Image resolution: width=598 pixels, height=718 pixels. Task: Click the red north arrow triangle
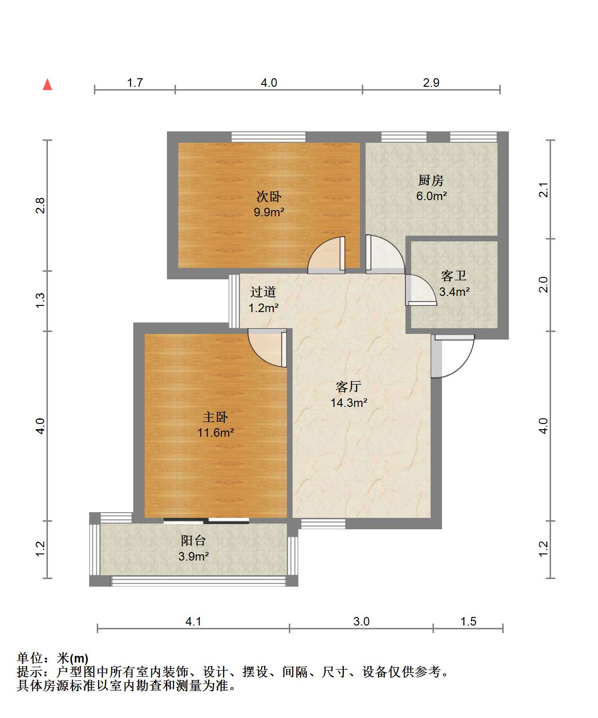coord(47,84)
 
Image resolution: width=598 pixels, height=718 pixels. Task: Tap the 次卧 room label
coord(268,197)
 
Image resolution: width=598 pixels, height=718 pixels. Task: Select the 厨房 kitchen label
coord(431,181)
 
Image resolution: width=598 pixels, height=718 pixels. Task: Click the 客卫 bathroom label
coord(453,276)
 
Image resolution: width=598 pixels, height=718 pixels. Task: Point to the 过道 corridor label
coord(263,292)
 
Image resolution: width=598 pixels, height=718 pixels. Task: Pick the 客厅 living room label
coord(349,387)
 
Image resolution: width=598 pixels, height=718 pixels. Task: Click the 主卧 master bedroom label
coord(215,417)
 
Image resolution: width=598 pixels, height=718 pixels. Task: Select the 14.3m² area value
coord(349,403)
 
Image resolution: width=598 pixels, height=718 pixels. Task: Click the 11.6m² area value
coord(216,433)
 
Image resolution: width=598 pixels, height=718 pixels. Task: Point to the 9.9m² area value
coord(269,212)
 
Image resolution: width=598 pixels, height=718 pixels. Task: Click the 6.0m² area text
coord(432,196)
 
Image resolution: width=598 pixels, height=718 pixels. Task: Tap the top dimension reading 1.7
coord(135,83)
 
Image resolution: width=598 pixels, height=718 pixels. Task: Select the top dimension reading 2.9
coord(431,83)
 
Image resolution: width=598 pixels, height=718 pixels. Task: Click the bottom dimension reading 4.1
coord(193,621)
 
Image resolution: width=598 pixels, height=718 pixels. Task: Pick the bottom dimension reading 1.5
coord(468,621)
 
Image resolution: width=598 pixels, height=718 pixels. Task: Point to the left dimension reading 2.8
coord(40,205)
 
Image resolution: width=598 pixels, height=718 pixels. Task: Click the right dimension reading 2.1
coord(543,190)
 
